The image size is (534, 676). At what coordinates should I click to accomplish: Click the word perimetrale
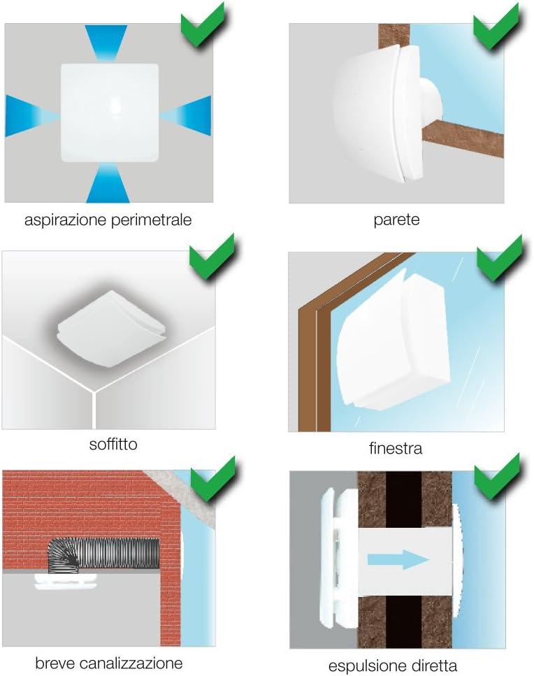click(x=151, y=220)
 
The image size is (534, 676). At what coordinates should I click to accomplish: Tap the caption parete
click(x=396, y=220)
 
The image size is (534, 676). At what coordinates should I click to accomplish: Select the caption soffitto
click(x=113, y=444)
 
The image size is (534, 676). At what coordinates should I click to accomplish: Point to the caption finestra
click(x=396, y=448)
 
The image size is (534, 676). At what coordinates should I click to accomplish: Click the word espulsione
click(x=359, y=666)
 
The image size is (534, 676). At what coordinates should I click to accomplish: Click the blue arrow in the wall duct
click(x=398, y=559)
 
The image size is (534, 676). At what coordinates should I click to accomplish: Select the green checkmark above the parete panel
click(x=496, y=25)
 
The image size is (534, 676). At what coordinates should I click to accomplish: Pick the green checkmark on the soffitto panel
click(x=212, y=257)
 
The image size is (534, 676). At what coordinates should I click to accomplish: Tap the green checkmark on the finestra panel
click(x=499, y=258)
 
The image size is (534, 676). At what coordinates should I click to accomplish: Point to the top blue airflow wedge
click(x=106, y=41)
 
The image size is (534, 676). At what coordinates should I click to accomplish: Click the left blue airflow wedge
click(x=29, y=116)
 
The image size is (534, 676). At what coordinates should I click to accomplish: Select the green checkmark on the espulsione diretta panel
click(x=497, y=476)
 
